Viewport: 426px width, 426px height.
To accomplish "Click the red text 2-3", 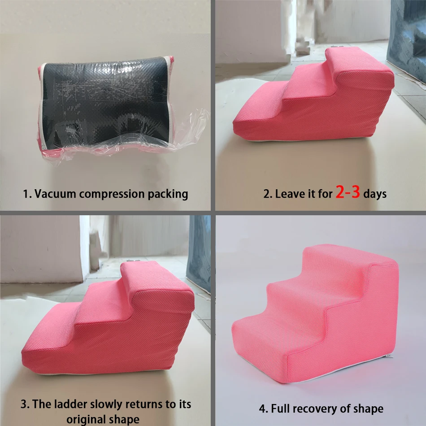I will (348, 193).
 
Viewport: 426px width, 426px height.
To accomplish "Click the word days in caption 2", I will (375, 194).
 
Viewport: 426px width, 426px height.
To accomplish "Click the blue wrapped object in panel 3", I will (200, 251).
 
